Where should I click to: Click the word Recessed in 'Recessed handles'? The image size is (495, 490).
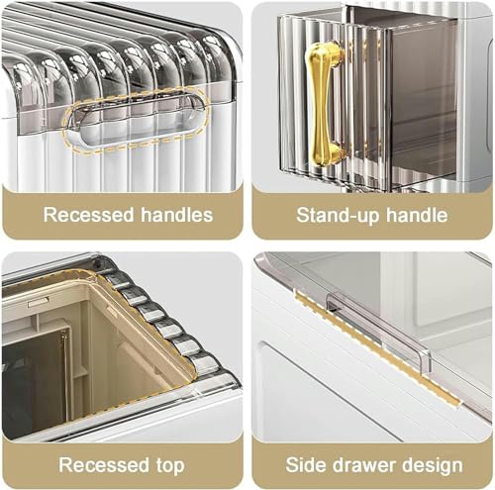click(88, 215)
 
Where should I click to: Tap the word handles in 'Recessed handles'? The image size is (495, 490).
click(177, 215)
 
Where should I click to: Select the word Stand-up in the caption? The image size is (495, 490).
click(338, 216)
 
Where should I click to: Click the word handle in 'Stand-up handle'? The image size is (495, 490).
click(417, 215)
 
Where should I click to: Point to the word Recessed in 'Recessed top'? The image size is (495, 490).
click(104, 464)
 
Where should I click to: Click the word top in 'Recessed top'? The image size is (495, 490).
click(170, 466)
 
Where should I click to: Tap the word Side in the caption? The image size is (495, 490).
click(305, 465)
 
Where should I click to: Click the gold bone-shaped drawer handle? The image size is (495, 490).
click(324, 105)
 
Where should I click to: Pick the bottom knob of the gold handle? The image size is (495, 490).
click(326, 155)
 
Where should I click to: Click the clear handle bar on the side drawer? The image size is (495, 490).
click(379, 330)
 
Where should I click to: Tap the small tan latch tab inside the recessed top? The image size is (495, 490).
click(39, 302)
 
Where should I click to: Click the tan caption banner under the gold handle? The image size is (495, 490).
click(372, 214)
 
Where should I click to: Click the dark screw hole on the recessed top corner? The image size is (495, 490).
click(98, 263)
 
